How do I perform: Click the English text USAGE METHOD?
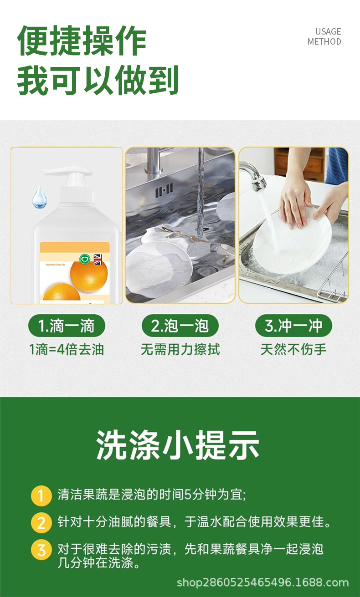(x=324, y=36)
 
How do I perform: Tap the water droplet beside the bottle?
(x=40, y=197)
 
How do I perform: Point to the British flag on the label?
(x=98, y=259)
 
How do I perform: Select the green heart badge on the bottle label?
(x=85, y=259)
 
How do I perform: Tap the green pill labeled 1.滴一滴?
(x=67, y=326)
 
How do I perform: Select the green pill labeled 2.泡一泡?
(x=180, y=326)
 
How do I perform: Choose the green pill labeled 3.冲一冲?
(x=293, y=326)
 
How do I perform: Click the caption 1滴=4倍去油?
(x=67, y=349)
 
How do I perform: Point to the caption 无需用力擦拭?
(x=180, y=349)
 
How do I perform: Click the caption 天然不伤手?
(x=293, y=349)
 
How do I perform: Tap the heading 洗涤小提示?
(x=178, y=445)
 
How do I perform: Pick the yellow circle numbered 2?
(x=41, y=523)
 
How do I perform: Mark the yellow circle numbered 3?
(x=41, y=550)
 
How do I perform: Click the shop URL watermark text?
(x=262, y=583)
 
